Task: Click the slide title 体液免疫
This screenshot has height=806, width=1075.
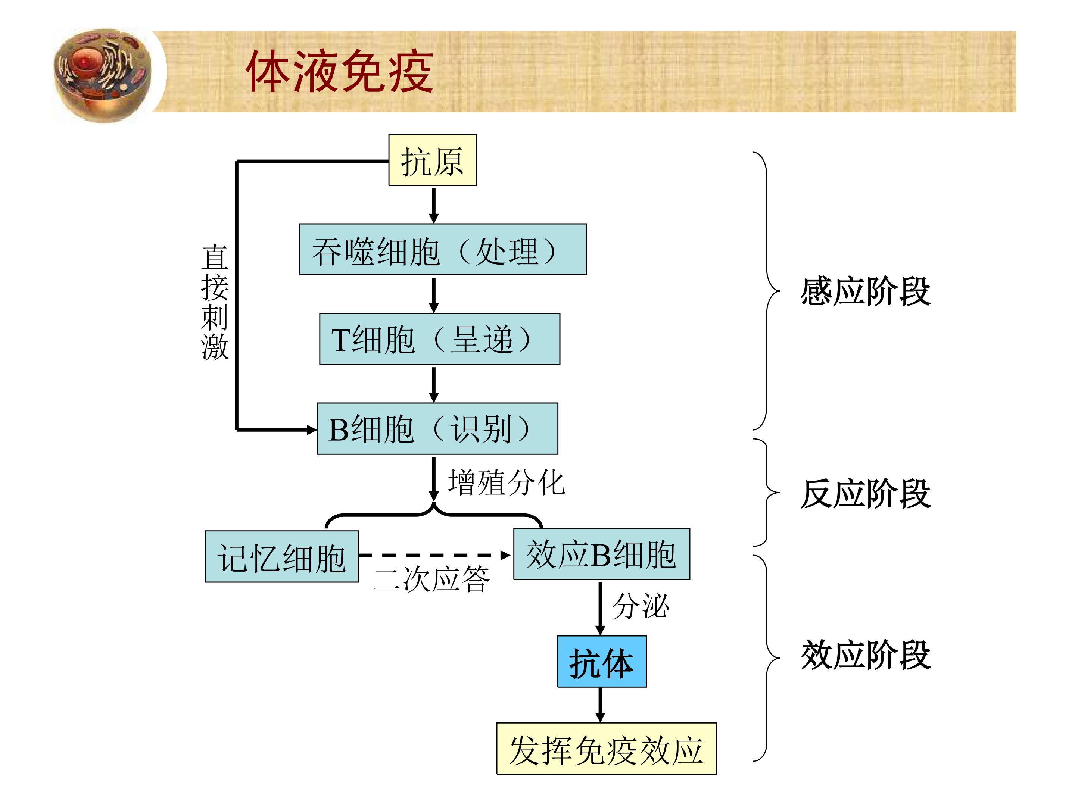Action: [339, 71]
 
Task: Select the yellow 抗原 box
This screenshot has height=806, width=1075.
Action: [432, 160]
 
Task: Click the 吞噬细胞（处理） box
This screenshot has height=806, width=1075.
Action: [443, 249]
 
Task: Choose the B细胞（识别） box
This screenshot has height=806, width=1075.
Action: [437, 428]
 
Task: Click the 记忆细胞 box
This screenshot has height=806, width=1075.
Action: [281, 556]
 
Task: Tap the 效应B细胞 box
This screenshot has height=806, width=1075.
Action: [602, 554]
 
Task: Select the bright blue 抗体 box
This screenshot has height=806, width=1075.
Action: [602, 661]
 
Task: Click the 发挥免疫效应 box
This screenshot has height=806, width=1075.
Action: [607, 749]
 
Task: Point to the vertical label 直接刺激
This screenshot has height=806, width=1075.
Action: [214, 302]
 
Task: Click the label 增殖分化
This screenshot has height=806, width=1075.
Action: [506, 482]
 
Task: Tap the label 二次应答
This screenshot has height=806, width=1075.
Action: [431, 579]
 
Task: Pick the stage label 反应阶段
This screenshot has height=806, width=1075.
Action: [866, 493]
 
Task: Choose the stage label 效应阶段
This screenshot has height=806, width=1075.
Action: [866, 655]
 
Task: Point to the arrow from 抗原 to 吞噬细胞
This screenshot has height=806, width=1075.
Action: [434, 206]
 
